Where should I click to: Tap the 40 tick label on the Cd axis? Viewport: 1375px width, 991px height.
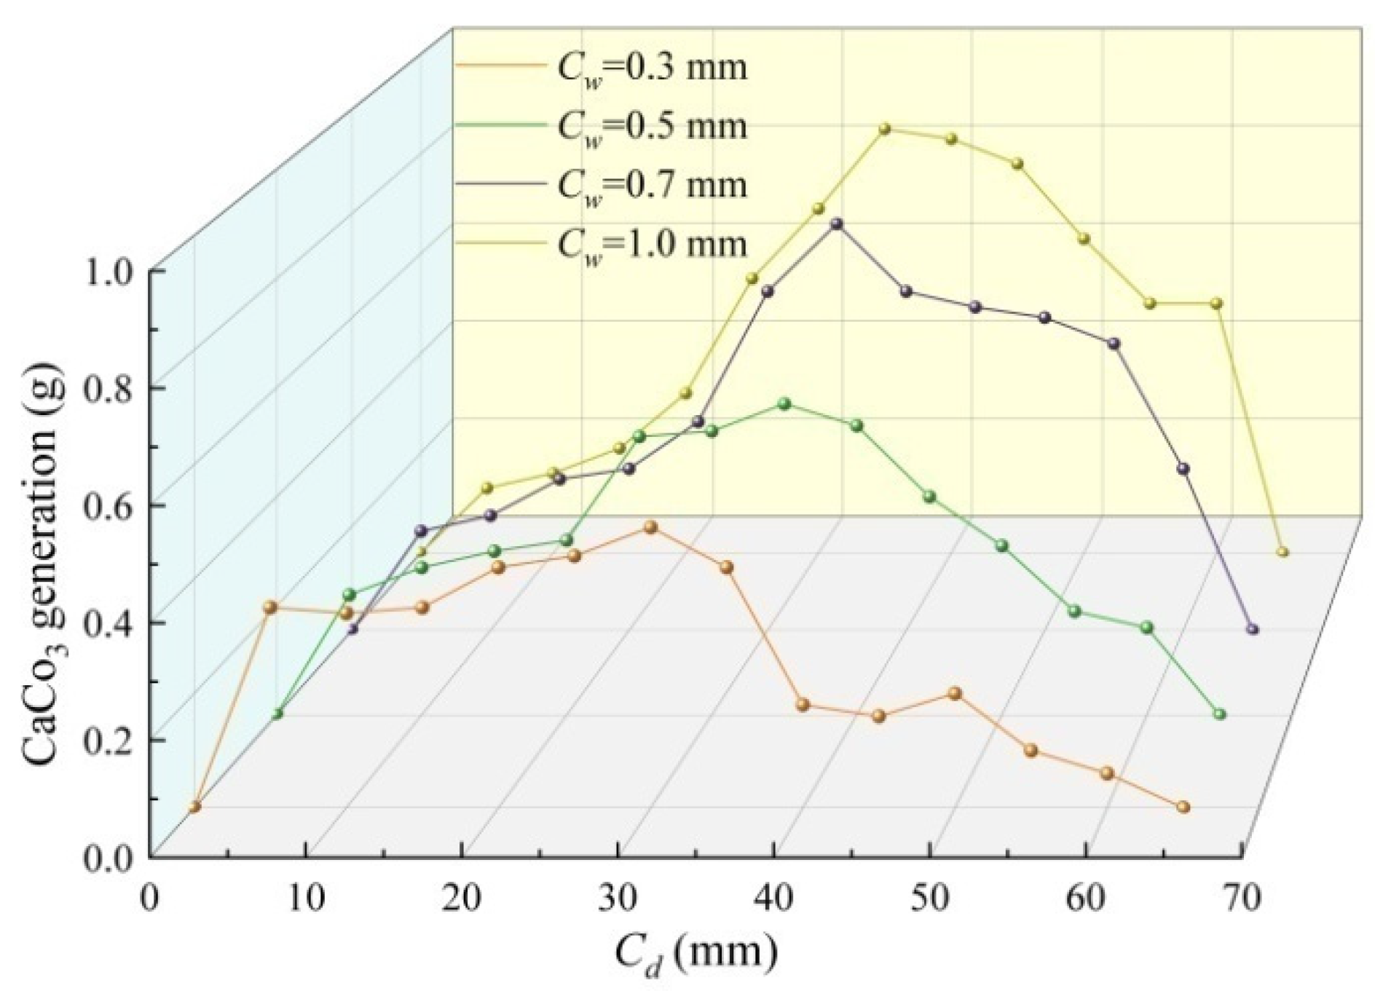click(x=774, y=900)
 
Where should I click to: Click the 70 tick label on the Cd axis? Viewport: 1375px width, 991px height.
click(x=1242, y=900)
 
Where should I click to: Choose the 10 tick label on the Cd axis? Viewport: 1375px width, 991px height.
click(x=306, y=900)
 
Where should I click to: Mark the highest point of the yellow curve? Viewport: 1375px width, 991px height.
click(x=884, y=129)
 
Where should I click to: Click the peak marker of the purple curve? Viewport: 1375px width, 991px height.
click(x=837, y=224)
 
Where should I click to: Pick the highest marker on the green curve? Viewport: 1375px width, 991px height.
click(x=784, y=403)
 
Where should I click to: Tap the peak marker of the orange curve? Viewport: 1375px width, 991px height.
click(x=651, y=527)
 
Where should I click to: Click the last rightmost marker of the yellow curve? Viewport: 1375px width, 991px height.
click(x=1283, y=552)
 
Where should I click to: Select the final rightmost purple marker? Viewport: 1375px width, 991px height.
click(x=1253, y=629)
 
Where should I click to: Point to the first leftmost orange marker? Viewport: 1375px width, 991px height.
click(x=194, y=807)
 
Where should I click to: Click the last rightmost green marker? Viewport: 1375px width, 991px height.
click(x=1221, y=714)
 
